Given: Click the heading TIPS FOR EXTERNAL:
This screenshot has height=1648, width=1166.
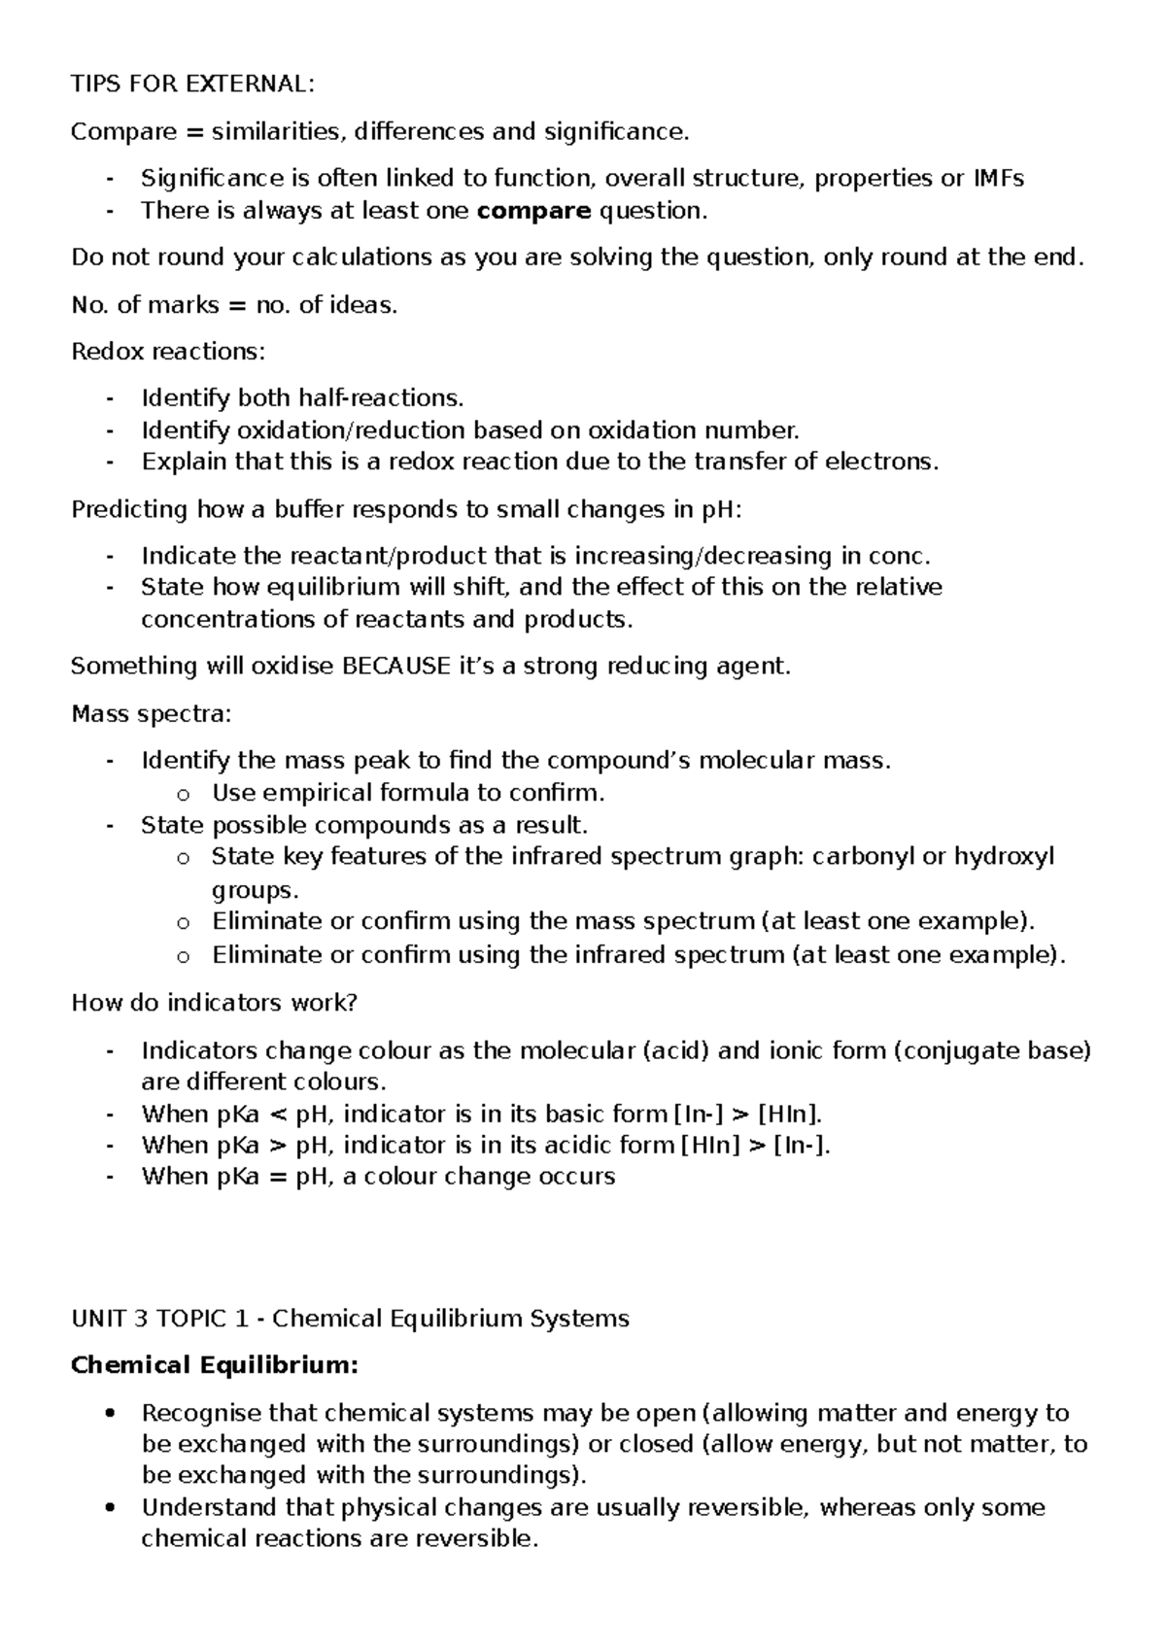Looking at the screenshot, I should [x=192, y=84].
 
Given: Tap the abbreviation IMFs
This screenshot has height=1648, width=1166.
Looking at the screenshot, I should [x=999, y=179].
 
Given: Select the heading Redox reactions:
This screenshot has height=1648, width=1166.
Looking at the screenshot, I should [x=167, y=352].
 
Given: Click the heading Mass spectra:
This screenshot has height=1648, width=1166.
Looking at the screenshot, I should [x=152, y=714].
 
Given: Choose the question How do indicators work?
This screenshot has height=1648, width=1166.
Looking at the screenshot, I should [x=215, y=1003].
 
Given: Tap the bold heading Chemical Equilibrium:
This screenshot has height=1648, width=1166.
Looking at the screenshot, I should [x=215, y=1366].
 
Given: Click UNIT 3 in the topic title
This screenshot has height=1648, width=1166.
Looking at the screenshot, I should [x=106, y=1319].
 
